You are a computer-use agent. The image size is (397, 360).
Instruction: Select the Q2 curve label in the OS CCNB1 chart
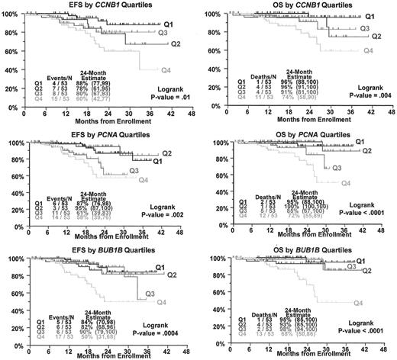pos(376,36)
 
